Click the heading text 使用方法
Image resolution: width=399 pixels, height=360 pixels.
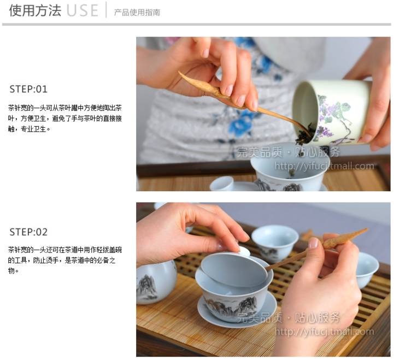(x=35, y=10)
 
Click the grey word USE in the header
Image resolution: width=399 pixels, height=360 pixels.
(x=82, y=11)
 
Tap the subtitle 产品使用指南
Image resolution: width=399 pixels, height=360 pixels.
(x=137, y=12)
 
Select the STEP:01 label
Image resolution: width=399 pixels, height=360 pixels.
(x=28, y=89)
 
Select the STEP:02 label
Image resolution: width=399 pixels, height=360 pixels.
(x=28, y=232)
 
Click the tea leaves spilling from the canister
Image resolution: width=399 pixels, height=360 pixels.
(x=304, y=134)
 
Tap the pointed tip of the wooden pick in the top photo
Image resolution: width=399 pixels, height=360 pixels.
(x=179, y=73)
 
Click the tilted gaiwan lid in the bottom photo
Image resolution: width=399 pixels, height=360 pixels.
(x=234, y=270)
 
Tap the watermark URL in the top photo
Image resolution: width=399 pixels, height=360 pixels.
(x=324, y=167)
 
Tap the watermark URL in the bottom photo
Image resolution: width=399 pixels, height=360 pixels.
(x=324, y=332)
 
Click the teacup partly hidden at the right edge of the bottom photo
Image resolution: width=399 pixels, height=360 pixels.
(x=366, y=270)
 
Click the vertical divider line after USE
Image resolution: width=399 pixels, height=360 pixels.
(x=106, y=10)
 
